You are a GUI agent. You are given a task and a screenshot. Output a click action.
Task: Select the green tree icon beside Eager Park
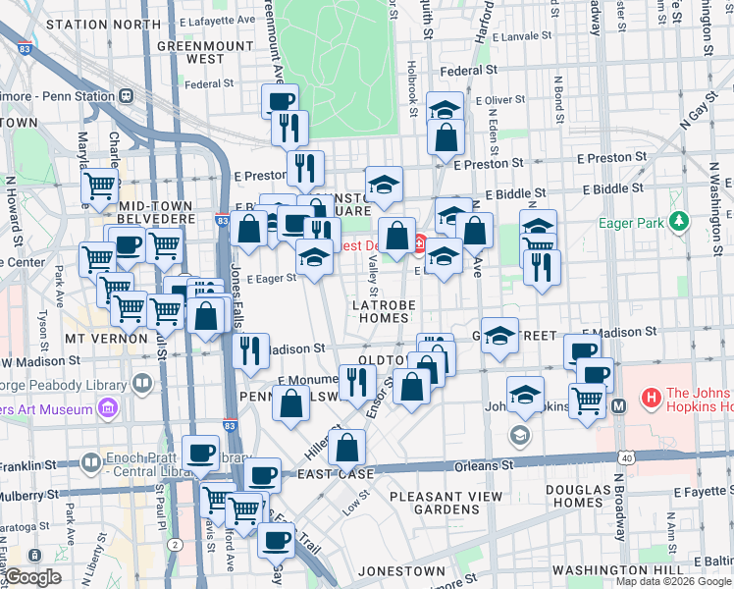pyautogui.click(x=677, y=224)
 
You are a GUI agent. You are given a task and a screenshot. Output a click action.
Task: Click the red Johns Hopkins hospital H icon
pyautogui.click(x=649, y=398)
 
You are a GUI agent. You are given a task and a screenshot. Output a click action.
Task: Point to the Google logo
pyautogui.click(x=32, y=577)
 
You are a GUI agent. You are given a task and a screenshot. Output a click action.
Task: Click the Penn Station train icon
pyautogui.click(x=127, y=97)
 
